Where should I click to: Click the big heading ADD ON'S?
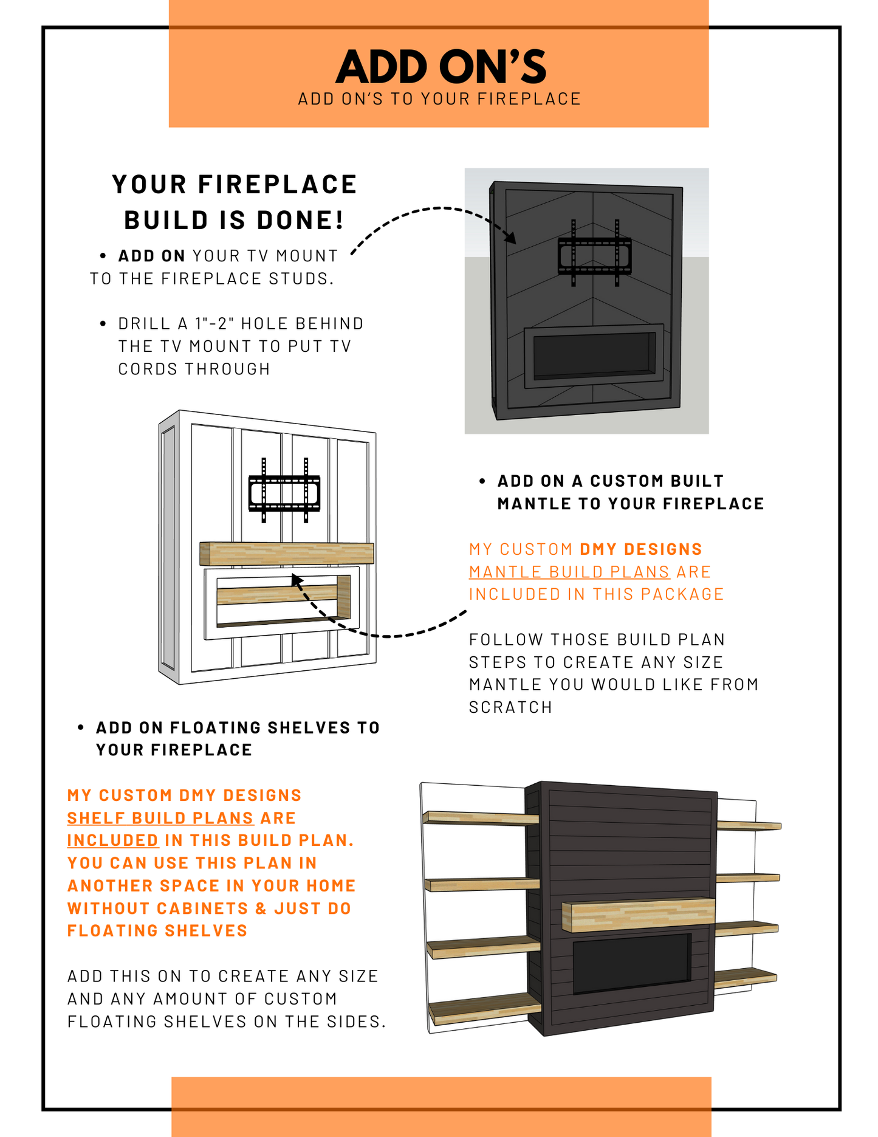click(441, 67)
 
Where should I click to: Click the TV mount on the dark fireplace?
click(594, 254)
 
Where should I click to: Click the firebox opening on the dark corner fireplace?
click(594, 354)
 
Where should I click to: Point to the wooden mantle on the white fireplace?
click(286, 554)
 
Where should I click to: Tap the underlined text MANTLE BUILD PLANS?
click(569, 572)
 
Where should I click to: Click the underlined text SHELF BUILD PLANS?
click(160, 818)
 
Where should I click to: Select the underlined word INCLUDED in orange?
click(112, 840)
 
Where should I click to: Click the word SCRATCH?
click(510, 707)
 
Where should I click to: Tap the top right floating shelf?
click(748, 825)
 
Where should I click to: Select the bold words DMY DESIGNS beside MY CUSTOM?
click(640, 549)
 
